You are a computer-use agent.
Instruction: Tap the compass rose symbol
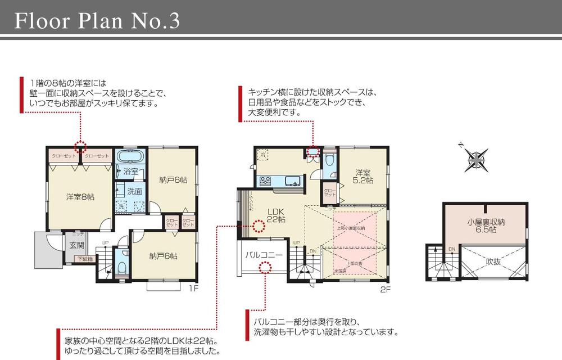[x=475, y=160]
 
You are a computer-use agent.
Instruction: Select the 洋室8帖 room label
[x=80, y=197]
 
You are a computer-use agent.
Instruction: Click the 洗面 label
[x=134, y=191]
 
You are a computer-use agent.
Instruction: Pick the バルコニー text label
[x=263, y=255]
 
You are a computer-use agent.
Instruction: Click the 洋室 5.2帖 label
[x=364, y=177]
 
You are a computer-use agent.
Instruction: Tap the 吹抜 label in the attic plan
[x=493, y=261]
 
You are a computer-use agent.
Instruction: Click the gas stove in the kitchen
[x=265, y=181]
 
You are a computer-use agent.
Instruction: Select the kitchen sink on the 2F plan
[x=293, y=181]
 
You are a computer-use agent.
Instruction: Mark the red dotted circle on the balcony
[x=263, y=268]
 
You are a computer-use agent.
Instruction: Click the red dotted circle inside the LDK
[x=258, y=227]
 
